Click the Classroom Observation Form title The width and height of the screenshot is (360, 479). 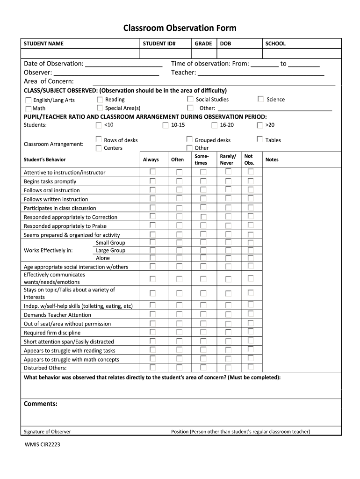tap(180, 28)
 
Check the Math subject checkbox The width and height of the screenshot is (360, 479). tap(29, 109)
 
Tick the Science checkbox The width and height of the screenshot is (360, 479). tap(260, 99)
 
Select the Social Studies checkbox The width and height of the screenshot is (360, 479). tap(190, 99)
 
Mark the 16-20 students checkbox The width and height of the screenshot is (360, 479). tap(215, 125)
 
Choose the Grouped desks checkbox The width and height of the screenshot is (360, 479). tap(189, 139)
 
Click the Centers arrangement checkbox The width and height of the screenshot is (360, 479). tap(99, 148)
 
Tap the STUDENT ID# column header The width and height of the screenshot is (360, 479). tap(159, 44)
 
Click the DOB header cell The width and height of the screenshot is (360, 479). tap(225, 44)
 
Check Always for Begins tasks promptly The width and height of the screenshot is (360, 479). tap(152, 181)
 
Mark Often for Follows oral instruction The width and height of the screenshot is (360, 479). tap(180, 190)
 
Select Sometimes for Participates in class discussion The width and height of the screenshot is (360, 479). tap(203, 208)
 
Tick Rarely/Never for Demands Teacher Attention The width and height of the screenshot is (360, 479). tap(228, 314)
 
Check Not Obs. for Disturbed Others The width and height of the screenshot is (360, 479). tap(251, 367)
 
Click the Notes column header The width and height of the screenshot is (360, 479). tap(272, 160)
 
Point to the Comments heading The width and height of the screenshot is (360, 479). tap(41, 404)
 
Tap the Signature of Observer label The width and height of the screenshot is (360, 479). tap(47, 432)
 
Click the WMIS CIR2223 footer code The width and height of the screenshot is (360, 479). tap(42, 444)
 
